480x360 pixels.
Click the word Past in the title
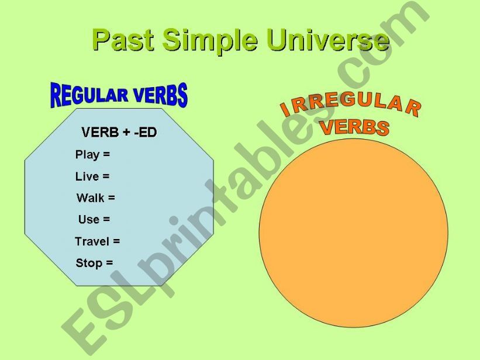(123, 40)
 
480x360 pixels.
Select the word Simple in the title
(210, 41)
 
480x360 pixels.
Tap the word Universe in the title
(328, 40)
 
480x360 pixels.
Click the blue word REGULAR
(89, 95)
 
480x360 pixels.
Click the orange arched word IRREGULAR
(351, 106)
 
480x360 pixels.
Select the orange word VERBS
(354, 127)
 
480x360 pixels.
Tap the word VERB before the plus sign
(100, 132)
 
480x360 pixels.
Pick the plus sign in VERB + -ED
(126, 133)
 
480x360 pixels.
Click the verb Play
(88, 154)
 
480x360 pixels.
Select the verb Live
(87, 176)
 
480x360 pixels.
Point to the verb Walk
(91, 198)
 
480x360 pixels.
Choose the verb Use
(89, 219)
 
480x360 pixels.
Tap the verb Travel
(92, 241)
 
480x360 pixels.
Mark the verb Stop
(89, 263)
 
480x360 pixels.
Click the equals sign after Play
(106, 154)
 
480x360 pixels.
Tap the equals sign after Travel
(116, 241)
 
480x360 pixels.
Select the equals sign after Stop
(109, 262)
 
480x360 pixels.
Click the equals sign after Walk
(112, 198)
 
